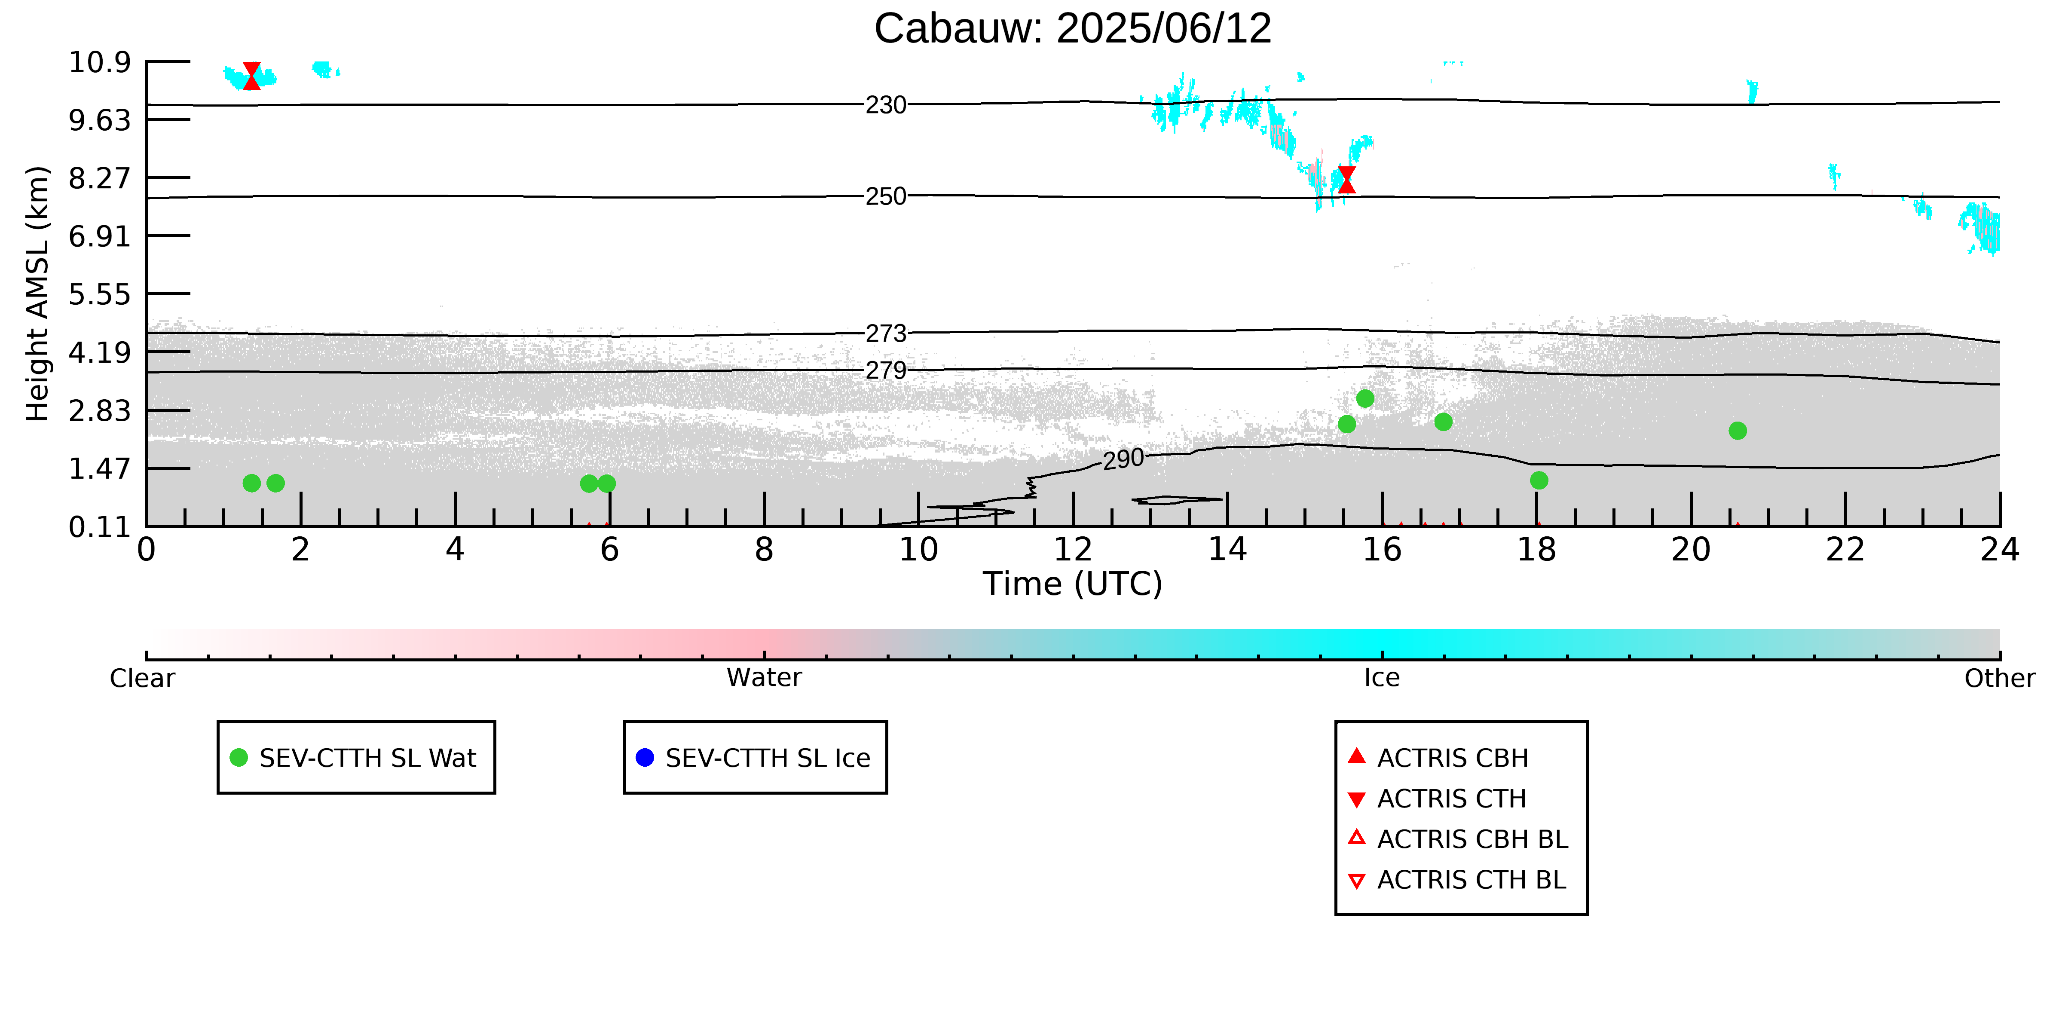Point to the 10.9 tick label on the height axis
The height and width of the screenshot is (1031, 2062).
click(x=99, y=61)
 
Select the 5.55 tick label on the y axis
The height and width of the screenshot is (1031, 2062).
click(x=99, y=294)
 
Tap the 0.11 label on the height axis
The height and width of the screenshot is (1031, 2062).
click(x=99, y=527)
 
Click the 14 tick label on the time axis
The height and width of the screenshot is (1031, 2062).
click(x=1227, y=550)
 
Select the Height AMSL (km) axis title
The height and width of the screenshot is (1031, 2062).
click(x=38, y=294)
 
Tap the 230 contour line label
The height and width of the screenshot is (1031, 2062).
click(x=886, y=105)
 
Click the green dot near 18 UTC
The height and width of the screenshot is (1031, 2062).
click(x=1539, y=480)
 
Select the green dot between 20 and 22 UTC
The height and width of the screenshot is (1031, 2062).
click(x=1737, y=431)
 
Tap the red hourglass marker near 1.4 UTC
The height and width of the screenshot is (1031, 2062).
click(x=251, y=76)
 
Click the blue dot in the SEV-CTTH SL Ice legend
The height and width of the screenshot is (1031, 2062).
click(x=644, y=757)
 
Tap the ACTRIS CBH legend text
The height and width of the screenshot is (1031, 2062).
click(x=1453, y=758)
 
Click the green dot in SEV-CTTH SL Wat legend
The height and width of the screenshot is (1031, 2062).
click(x=239, y=757)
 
